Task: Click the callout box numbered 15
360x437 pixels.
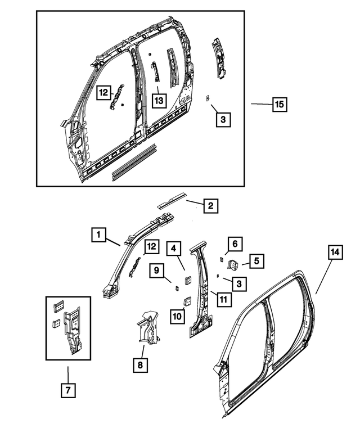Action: point(280,104)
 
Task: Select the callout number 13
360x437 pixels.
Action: point(159,100)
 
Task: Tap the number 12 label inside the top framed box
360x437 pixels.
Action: point(103,92)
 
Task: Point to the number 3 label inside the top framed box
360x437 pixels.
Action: point(223,119)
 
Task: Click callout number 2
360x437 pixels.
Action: point(210,206)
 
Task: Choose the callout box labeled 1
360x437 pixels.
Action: point(98,235)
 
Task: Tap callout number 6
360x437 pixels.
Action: point(235,244)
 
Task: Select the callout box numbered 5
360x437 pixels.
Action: point(256,261)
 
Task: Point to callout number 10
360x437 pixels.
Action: point(177,317)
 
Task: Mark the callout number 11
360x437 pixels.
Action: point(223,299)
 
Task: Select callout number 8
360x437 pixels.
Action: point(139,366)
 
